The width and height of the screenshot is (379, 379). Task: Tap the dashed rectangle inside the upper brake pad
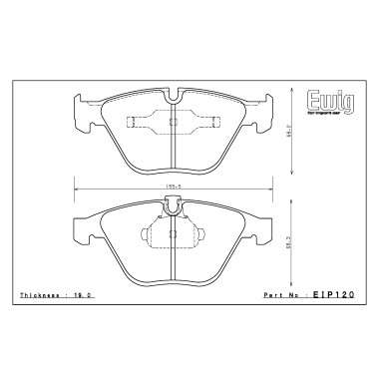coord(173,124)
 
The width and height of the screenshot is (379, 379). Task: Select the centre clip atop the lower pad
coord(174,206)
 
